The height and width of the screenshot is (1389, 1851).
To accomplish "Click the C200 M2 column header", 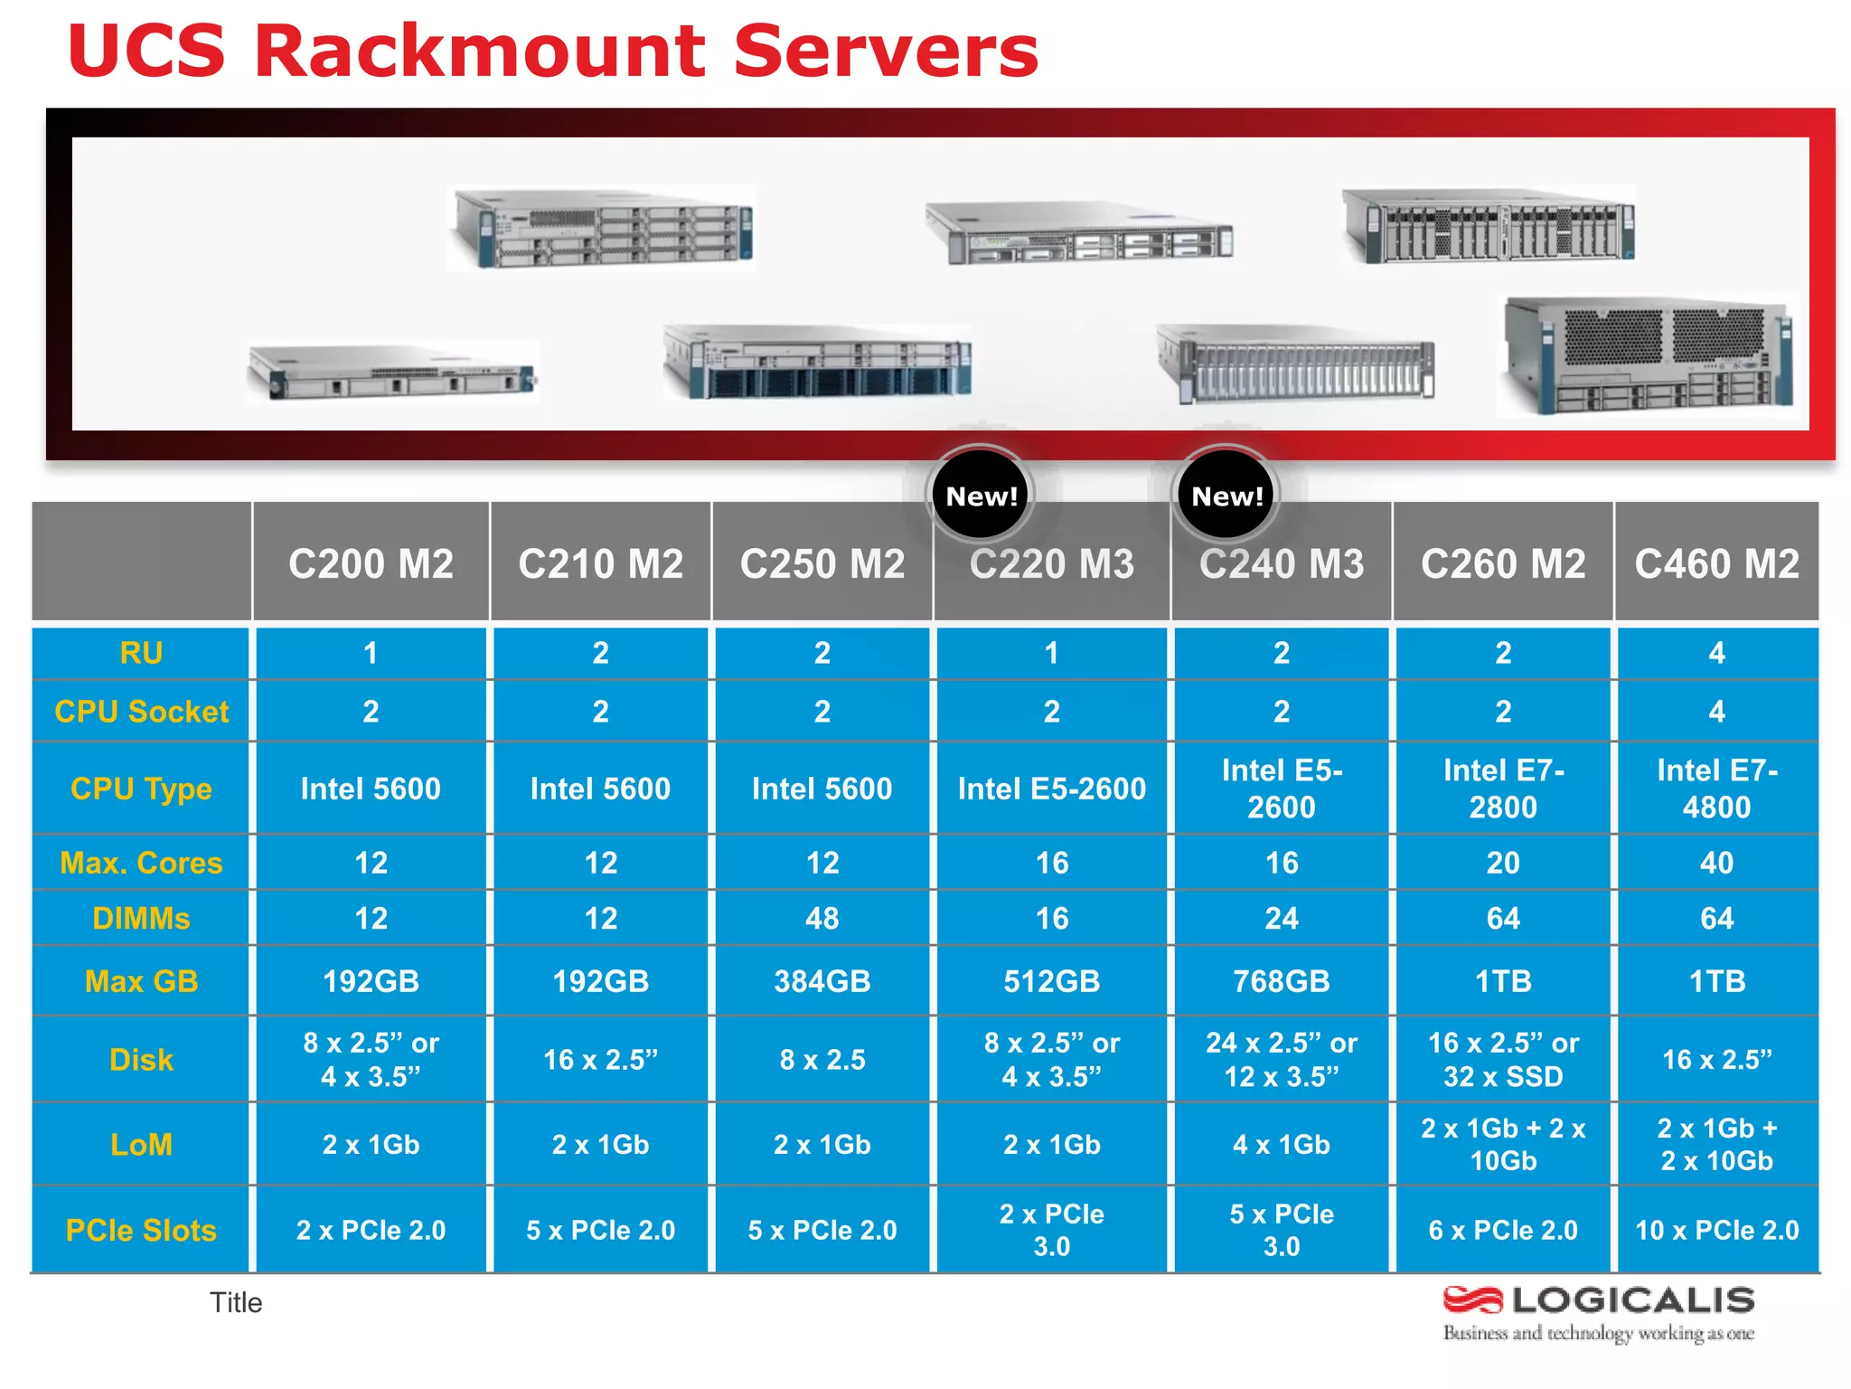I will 371,564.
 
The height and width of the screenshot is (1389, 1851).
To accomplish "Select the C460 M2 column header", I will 1716,564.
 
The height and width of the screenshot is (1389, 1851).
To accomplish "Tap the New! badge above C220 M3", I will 981,496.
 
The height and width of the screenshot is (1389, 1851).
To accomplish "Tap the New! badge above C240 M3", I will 1226,496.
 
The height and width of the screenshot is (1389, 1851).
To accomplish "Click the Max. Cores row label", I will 141,863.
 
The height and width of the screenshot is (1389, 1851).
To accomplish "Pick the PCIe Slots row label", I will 141,1230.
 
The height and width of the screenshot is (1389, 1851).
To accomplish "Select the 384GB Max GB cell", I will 822,981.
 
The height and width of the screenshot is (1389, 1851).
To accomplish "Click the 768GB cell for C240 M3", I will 1281,981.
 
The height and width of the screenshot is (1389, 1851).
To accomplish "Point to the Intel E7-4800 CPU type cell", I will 1716,789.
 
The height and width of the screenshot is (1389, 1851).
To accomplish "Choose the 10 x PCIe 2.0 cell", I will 1716,1230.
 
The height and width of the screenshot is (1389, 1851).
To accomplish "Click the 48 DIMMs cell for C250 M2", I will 822,919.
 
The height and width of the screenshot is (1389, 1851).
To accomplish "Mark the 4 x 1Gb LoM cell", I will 1281,1145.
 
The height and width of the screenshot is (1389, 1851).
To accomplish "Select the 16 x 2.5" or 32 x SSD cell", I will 1503,1060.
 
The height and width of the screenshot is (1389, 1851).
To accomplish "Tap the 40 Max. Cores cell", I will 1716,863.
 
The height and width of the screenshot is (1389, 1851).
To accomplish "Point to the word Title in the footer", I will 236,1302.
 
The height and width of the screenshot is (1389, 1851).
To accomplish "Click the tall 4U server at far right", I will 1648,355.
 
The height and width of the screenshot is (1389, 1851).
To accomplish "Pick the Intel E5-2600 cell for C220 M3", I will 1051,789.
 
